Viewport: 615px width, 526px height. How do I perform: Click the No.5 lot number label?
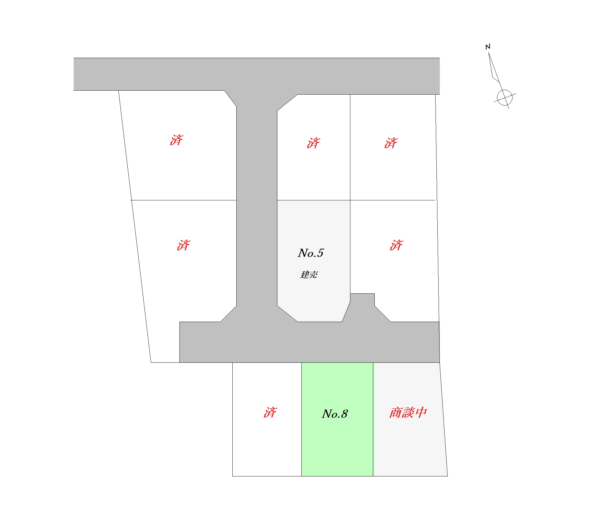(311, 253)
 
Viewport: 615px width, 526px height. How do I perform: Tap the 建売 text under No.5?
(309, 275)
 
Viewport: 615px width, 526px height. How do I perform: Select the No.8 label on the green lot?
(335, 414)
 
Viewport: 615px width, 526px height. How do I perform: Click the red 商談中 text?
(408, 413)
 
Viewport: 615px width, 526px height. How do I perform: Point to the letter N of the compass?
(488, 47)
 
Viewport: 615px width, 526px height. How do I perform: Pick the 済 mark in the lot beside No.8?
(270, 413)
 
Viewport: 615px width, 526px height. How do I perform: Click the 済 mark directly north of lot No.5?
(313, 143)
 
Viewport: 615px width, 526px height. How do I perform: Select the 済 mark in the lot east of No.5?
(396, 245)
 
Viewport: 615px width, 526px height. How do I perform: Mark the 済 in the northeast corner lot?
(391, 143)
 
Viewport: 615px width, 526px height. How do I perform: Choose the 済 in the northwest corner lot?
(176, 140)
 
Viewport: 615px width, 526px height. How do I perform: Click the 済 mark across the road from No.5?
(183, 245)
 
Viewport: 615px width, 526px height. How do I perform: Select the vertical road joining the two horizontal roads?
(257, 207)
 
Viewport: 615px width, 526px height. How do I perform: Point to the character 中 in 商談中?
(421, 413)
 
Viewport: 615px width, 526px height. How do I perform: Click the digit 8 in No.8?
(344, 414)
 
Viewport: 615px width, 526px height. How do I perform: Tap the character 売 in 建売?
(313, 275)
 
